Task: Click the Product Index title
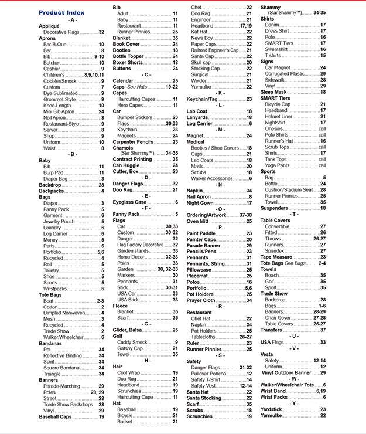tap(61, 12)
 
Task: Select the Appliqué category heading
tap(49, 26)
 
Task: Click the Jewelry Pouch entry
tap(59, 222)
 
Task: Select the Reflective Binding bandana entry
tap(63, 355)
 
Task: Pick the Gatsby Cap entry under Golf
tap(131, 348)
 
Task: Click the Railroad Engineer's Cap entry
tap(215, 50)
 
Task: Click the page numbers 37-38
tap(245, 215)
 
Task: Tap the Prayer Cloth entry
tap(201, 300)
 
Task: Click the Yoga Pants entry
tap(278, 165)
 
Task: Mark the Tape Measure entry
tap(276, 257)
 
